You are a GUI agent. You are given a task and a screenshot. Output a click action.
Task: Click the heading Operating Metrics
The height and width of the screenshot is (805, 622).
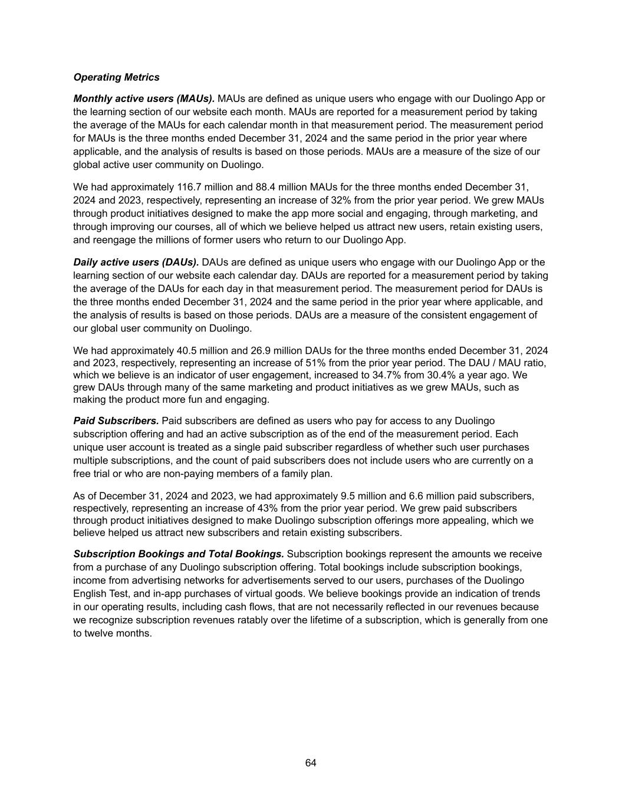pos(116,77)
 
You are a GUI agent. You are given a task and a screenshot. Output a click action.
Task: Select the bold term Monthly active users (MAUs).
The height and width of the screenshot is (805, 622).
pos(144,98)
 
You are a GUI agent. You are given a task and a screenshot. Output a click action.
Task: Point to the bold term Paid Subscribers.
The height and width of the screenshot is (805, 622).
pos(116,421)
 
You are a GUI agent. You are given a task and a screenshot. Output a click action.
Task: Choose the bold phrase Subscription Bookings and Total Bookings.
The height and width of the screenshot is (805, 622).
pos(179,554)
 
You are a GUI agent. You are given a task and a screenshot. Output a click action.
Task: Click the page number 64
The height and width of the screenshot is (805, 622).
pos(311,763)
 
